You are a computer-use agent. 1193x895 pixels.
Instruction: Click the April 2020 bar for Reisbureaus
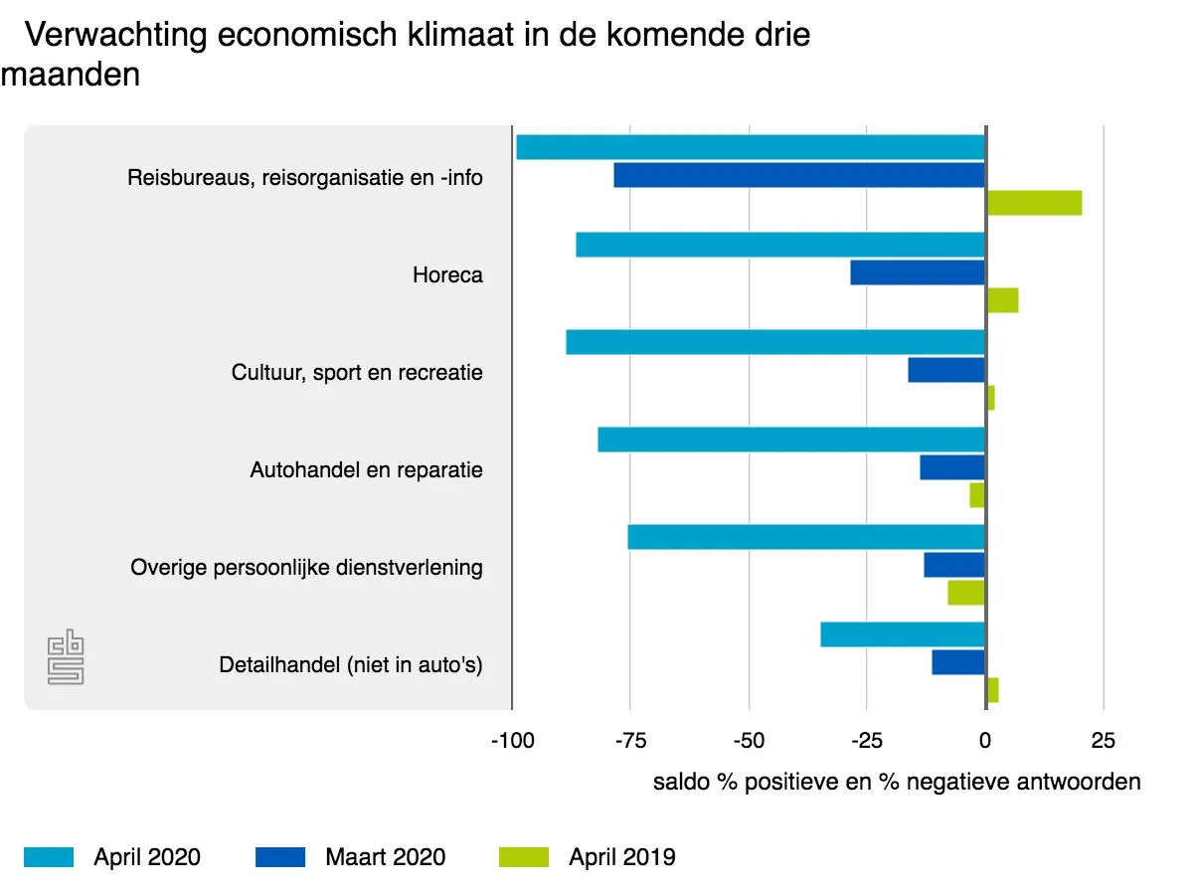tap(751, 147)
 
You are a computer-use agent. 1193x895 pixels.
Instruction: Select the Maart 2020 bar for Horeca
tap(918, 272)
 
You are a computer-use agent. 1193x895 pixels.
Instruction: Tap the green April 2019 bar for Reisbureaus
tap(1034, 203)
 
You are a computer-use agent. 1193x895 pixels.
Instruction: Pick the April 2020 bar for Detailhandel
tap(903, 634)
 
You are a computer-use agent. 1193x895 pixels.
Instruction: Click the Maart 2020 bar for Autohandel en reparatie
tap(952, 467)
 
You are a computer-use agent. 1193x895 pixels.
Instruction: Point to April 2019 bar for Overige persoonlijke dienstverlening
tap(966, 593)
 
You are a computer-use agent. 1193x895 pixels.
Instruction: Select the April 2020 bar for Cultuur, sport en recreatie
tap(775, 342)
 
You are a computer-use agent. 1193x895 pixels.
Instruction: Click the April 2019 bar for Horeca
tap(1002, 300)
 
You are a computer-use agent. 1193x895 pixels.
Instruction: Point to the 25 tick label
tap(1104, 741)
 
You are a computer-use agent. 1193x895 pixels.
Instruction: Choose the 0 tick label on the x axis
tap(985, 741)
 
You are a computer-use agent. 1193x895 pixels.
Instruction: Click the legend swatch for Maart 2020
tap(280, 857)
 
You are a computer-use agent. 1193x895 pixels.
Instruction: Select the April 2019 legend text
tap(622, 857)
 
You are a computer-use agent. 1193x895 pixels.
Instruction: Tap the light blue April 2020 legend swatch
tap(49, 857)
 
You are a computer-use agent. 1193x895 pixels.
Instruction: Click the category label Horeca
tap(447, 275)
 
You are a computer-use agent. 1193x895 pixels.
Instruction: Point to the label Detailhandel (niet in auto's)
tap(351, 665)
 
